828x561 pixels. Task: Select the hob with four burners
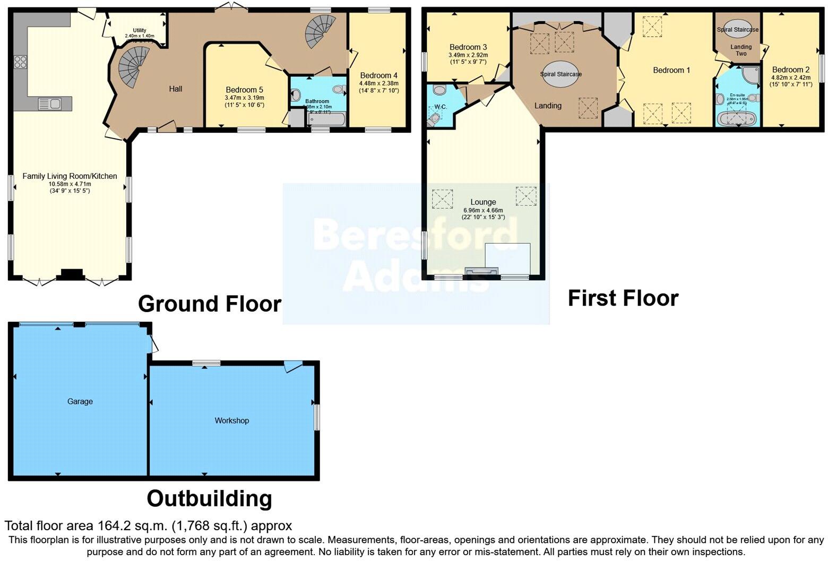(x=21, y=62)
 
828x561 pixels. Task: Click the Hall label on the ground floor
(x=176, y=89)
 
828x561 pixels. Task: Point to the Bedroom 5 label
(x=244, y=90)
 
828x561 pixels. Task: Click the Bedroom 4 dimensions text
(x=378, y=87)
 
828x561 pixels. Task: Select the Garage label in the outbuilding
(x=80, y=401)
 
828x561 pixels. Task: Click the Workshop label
(x=231, y=420)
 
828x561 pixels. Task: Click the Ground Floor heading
(x=210, y=304)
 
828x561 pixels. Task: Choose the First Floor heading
(x=623, y=298)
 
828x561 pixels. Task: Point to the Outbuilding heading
(x=209, y=499)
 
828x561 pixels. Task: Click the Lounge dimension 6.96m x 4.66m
(x=483, y=211)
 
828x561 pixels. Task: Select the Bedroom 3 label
(x=468, y=47)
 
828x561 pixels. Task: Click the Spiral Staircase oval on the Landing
(x=561, y=74)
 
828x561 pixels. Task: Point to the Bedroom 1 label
(x=668, y=70)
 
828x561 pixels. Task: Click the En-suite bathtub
(x=737, y=118)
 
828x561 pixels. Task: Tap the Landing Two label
(x=741, y=50)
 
